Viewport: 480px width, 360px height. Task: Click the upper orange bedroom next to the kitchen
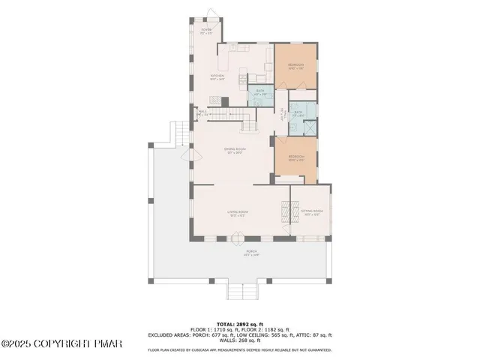click(295, 66)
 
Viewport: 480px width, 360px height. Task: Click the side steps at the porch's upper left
click(179, 134)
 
